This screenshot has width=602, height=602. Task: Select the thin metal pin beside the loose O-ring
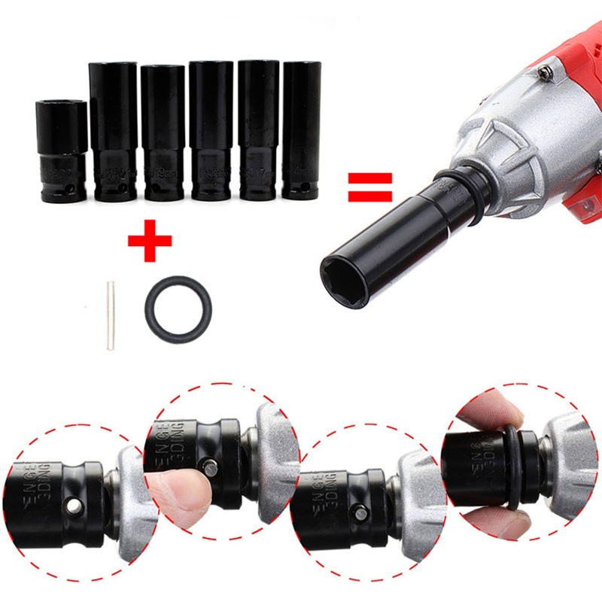[110, 315]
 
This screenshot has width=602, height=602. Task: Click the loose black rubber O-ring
[178, 308]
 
